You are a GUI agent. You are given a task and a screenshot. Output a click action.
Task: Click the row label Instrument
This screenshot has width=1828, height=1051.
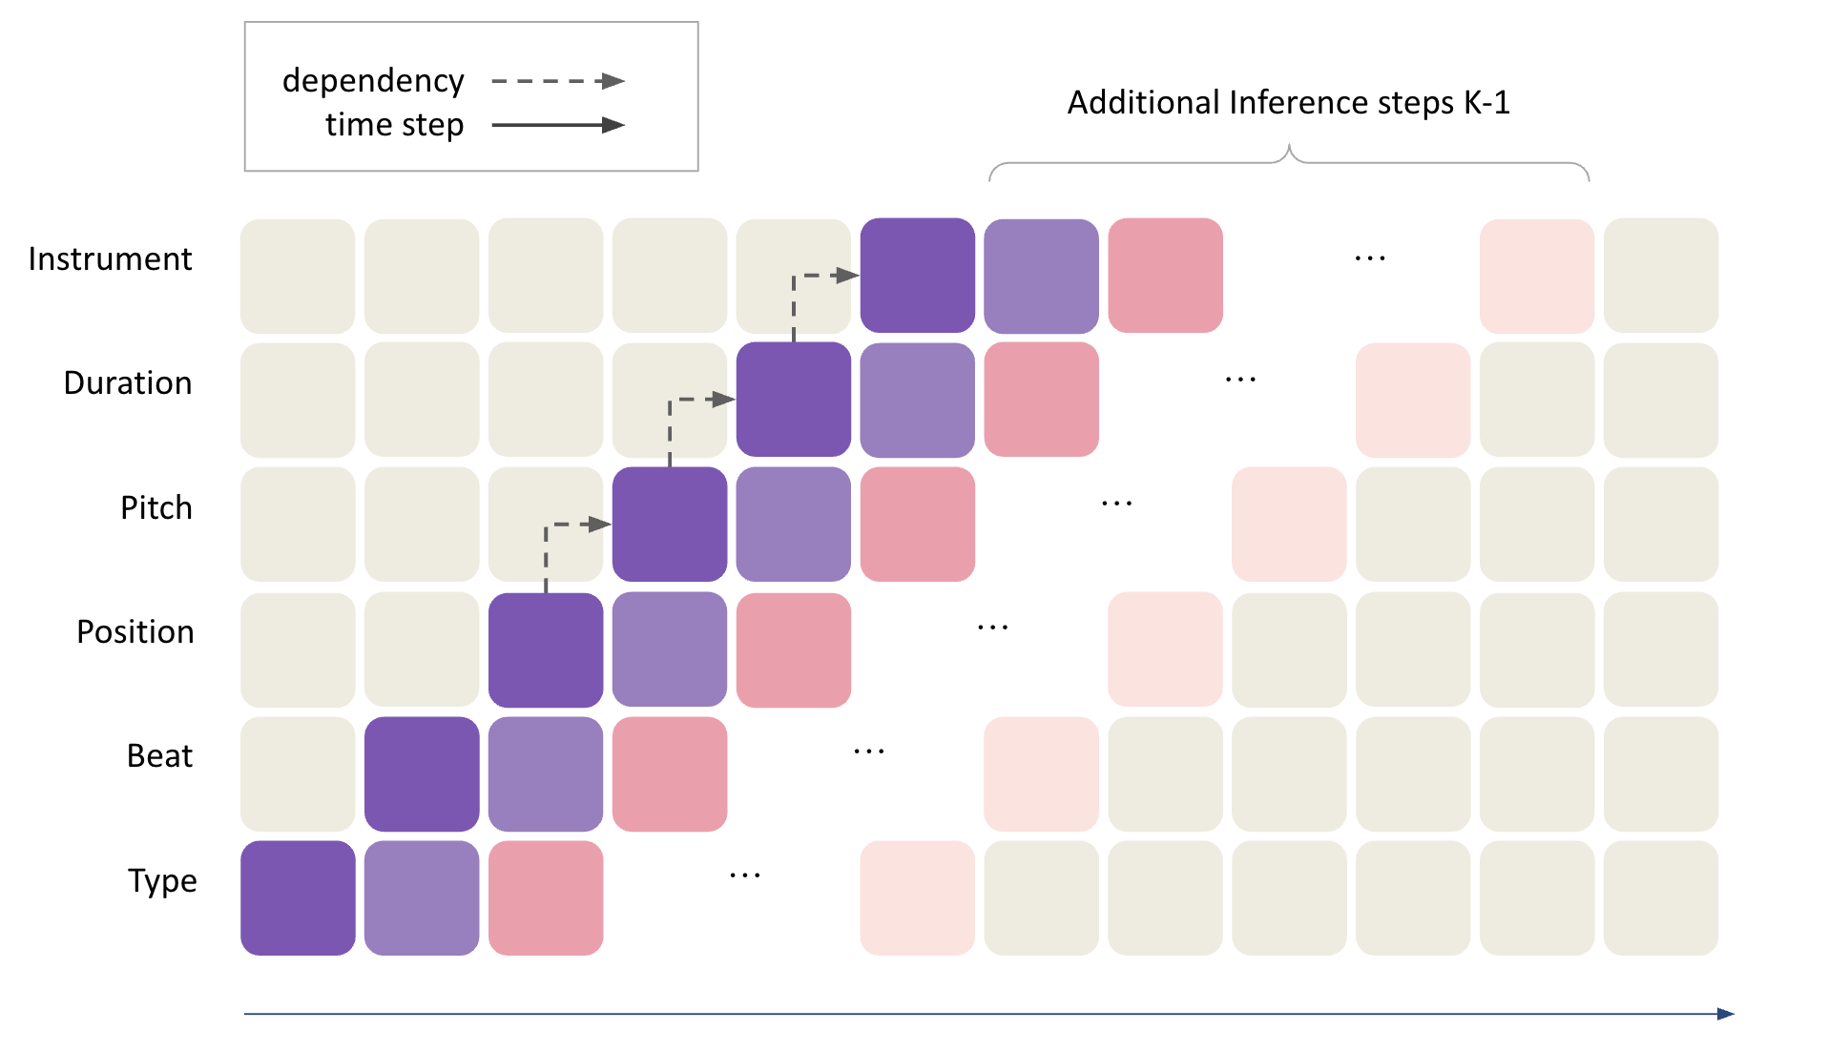coord(110,258)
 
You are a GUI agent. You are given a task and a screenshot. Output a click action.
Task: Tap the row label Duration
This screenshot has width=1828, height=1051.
coord(128,382)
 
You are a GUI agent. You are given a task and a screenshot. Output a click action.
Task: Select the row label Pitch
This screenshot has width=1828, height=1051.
coord(156,507)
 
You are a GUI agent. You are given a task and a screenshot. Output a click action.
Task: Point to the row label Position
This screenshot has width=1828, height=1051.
coord(135,631)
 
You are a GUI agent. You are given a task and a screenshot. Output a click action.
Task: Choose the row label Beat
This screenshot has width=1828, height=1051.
coord(159,755)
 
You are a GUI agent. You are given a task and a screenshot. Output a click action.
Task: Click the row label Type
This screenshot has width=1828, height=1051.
coord(162,880)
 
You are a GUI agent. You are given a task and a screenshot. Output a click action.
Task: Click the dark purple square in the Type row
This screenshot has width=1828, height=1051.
coord(298,897)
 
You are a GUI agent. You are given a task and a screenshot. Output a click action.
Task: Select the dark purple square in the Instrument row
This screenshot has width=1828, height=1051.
coord(917,276)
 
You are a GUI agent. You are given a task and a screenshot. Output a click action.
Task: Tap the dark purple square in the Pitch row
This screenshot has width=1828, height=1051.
coord(669,524)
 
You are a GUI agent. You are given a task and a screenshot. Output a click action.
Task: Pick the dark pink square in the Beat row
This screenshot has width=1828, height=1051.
coord(669,773)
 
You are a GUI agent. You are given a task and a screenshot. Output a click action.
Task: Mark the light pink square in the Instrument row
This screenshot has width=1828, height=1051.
coord(1536,276)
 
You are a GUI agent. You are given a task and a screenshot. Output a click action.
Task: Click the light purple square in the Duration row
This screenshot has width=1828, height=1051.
coord(917,400)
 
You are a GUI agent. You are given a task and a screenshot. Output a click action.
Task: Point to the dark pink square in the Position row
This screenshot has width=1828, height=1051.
coord(793,649)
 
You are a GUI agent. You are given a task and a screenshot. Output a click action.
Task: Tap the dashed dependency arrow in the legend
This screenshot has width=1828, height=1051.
coord(558,81)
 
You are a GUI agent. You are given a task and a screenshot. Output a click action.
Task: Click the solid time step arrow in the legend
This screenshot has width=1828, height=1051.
coord(558,125)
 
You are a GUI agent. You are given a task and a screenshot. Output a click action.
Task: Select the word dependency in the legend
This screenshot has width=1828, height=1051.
coord(373,81)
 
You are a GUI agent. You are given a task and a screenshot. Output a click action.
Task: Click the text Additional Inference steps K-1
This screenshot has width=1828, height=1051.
coord(1288,102)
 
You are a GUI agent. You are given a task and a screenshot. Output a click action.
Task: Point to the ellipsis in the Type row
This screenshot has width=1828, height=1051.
coord(744,876)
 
